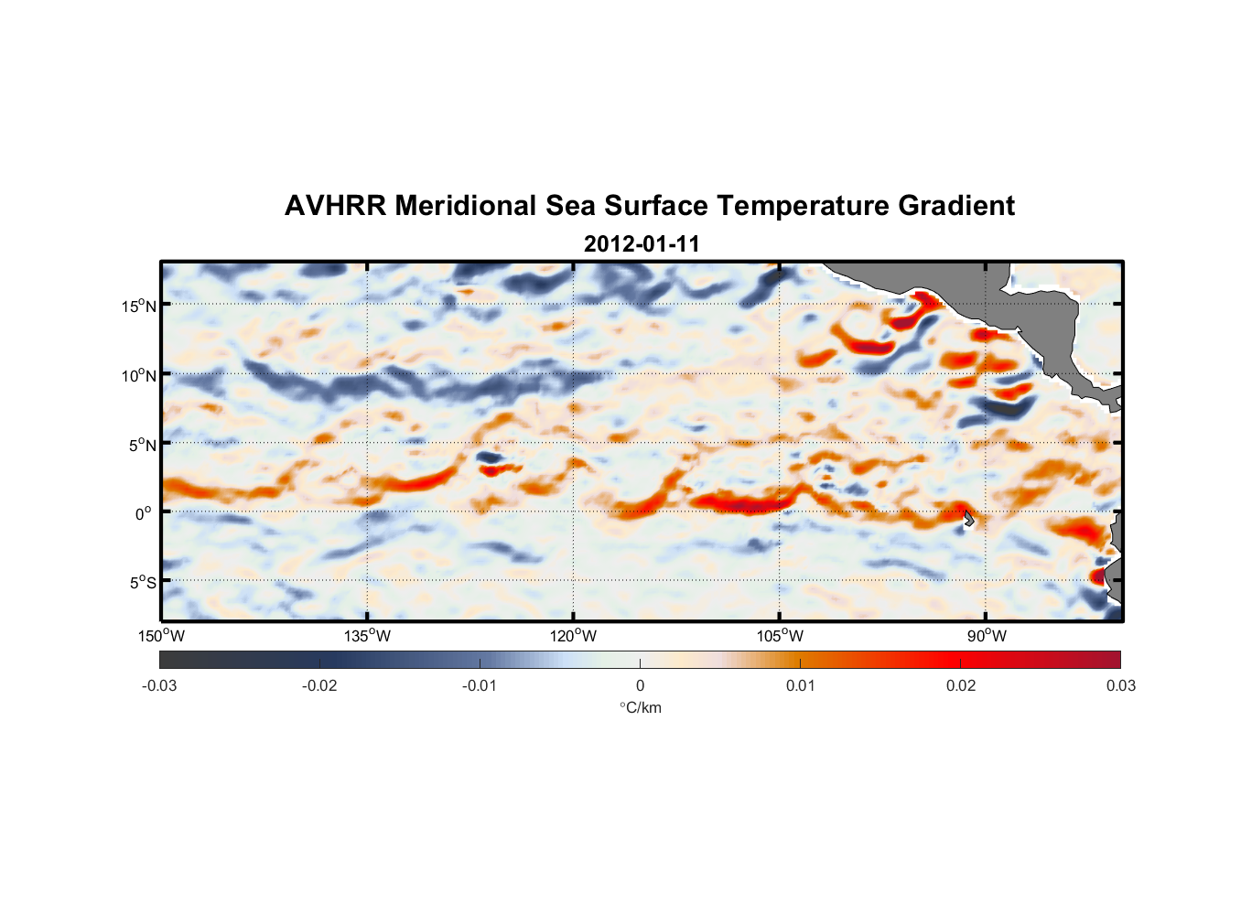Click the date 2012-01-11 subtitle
642,244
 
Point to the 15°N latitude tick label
138,306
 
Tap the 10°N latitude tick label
138,375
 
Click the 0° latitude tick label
144,513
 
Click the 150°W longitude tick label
162,636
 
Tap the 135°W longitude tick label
368,636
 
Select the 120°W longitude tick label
574,636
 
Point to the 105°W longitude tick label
780,636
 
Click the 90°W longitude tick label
987,636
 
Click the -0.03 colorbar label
159,685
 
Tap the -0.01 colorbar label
480,685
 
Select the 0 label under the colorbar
640,685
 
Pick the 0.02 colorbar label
961,685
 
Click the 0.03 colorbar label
1120,685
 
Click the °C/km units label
640,707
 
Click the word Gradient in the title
956,206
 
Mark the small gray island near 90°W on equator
969,519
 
